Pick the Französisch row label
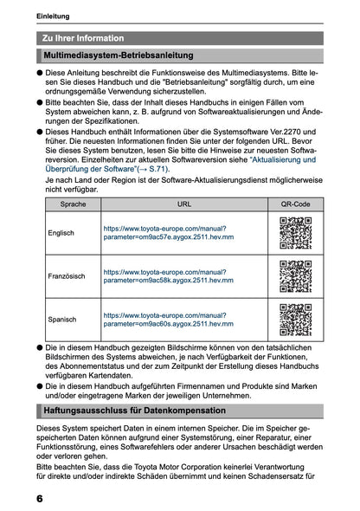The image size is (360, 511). (x=66, y=275)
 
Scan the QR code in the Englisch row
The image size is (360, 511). (x=295, y=232)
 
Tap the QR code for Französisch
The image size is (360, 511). (x=295, y=275)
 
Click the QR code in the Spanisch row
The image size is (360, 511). (x=295, y=319)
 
